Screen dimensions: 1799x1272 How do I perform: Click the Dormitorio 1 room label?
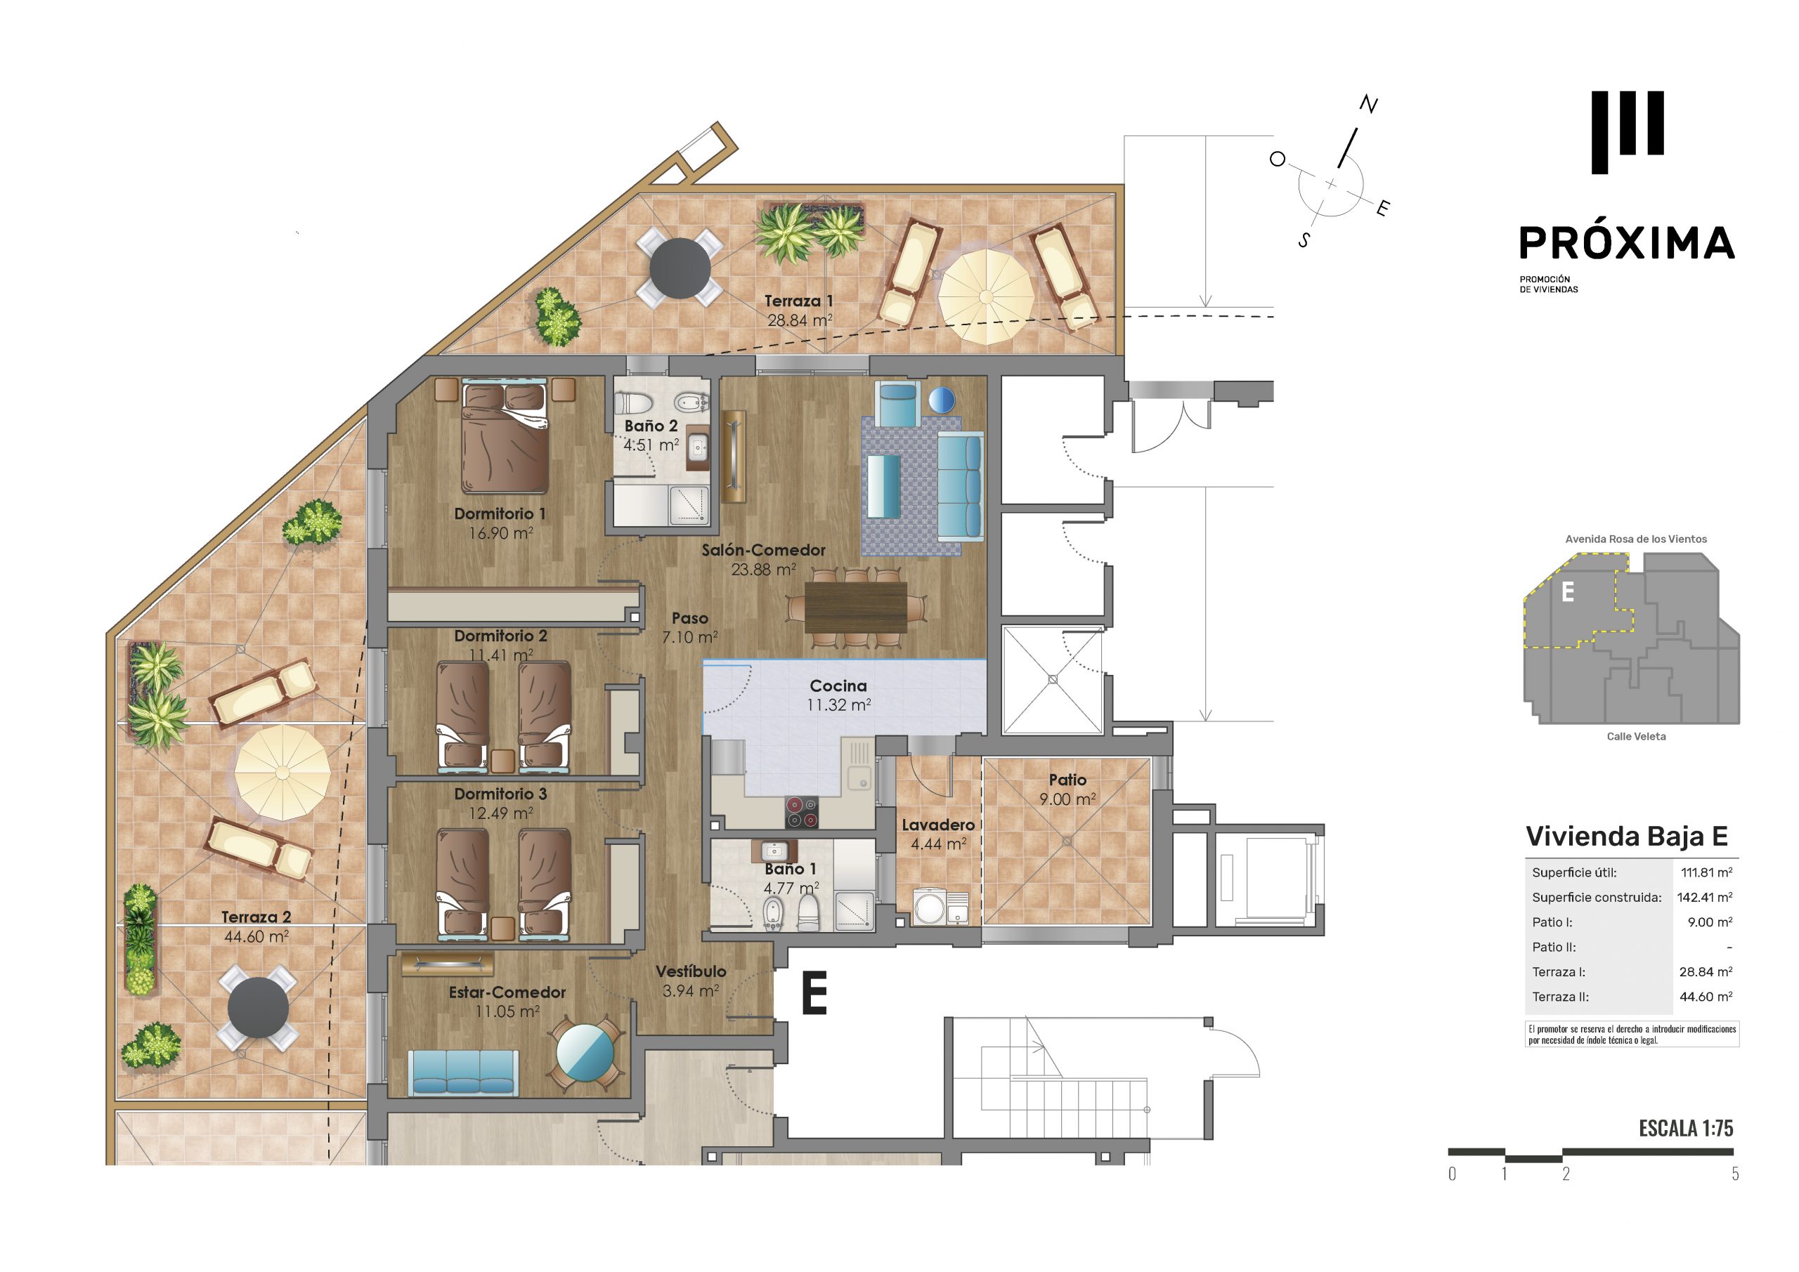tap(500, 514)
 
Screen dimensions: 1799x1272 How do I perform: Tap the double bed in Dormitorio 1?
tap(505, 438)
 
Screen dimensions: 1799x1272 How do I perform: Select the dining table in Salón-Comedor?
tap(856, 606)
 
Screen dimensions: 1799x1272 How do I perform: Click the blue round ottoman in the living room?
tap(942, 400)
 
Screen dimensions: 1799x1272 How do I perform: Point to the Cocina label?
tap(838, 686)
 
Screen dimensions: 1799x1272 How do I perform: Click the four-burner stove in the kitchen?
tap(802, 812)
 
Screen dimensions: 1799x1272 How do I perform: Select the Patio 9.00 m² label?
tap(1067, 789)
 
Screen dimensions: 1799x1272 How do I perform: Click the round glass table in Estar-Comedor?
tap(585, 1054)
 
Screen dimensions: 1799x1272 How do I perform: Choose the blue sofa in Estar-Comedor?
tap(463, 1073)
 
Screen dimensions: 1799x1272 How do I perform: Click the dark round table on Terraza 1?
tap(680, 268)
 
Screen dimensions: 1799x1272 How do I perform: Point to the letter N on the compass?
tap(1368, 104)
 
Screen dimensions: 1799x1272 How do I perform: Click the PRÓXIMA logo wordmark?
tap(1627, 243)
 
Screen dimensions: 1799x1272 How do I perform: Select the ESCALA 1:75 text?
tap(1686, 1129)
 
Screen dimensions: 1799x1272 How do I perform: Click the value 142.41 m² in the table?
tap(1706, 898)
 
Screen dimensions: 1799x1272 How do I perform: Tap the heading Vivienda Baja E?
tap(1627, 837)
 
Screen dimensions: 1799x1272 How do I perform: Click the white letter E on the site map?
tap(1568, 591)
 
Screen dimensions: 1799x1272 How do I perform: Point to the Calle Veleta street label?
tap(1636, 736)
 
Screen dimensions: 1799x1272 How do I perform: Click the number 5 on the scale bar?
tap(1736, 1173)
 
